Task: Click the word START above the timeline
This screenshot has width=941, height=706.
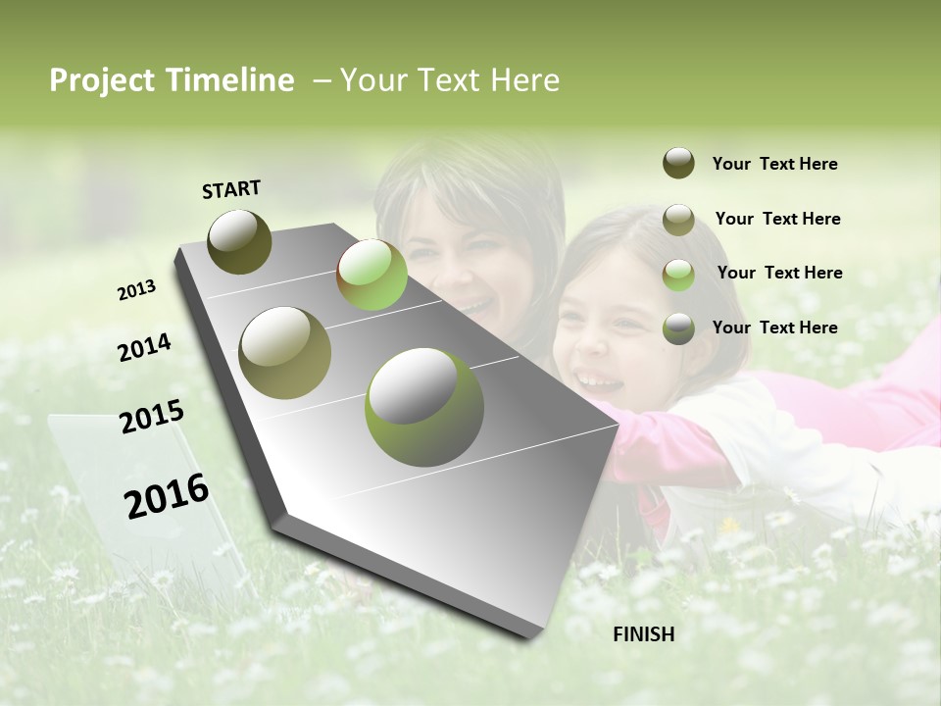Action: pyautogui.click(x=231, y=189)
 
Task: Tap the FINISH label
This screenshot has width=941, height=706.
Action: pyautogui.click(x=643, y=634)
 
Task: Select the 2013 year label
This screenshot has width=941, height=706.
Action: pyautogui.click(x=136, y=290)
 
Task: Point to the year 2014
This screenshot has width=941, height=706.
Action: pyautogui.click(x=144, y=347)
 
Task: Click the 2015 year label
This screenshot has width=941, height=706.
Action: pyautogui.click(x=151, y=417)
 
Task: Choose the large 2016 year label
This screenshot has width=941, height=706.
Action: pyautogui.click(x=167, y=496)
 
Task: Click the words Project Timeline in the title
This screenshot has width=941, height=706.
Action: pyautogui.click(x=172, y=80)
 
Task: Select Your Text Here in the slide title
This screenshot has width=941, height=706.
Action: pyautogui.click(x=449, y=80)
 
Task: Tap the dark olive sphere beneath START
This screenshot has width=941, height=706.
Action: pyautogui.click(x=240, y=241)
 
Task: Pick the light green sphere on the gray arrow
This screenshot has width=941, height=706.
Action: pyautogui.click(x=371, y=275)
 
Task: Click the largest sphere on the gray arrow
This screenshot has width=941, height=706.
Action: pyautogui.click(x=424, y=408)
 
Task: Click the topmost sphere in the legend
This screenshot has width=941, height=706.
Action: pyautogui.click(x=678, y=164)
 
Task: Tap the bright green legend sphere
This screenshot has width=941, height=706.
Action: pyautogui.click(x=678, y=274)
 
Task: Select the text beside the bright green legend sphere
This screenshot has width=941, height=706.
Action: pyautogui.click(x=779, y=273)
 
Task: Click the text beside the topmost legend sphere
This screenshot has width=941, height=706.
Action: pyautogui.click(x=774, y=164)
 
